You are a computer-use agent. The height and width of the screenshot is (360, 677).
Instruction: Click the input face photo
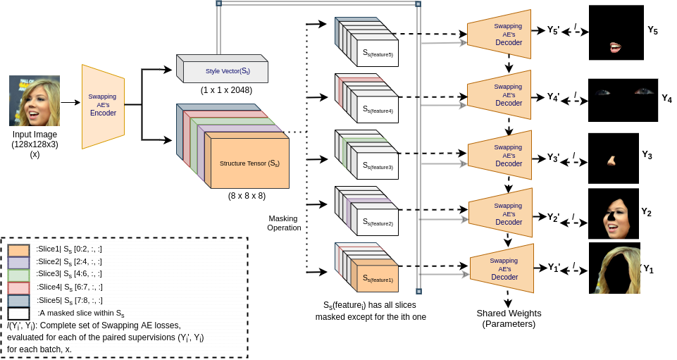pos(34,101)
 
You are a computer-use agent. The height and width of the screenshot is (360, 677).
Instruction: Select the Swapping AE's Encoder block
pos(102,106)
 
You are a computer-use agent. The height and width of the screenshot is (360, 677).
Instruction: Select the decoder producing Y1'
pos(502,268)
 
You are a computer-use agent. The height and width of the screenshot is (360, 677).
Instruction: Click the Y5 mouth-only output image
pos(616,32)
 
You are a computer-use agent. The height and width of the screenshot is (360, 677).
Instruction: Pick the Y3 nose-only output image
pos(613,159)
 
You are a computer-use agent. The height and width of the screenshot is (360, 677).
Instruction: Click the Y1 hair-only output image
pos(614,268)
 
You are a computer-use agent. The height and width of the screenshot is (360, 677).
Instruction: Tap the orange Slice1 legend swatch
pos(19,249)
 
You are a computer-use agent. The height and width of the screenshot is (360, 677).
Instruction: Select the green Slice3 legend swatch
pos(19,274)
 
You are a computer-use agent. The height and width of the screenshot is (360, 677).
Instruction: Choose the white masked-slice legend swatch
pos(19,313)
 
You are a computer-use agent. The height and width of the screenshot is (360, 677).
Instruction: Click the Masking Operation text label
pos(285,223)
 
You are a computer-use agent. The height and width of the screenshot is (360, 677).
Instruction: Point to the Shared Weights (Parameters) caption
pos(505,318)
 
